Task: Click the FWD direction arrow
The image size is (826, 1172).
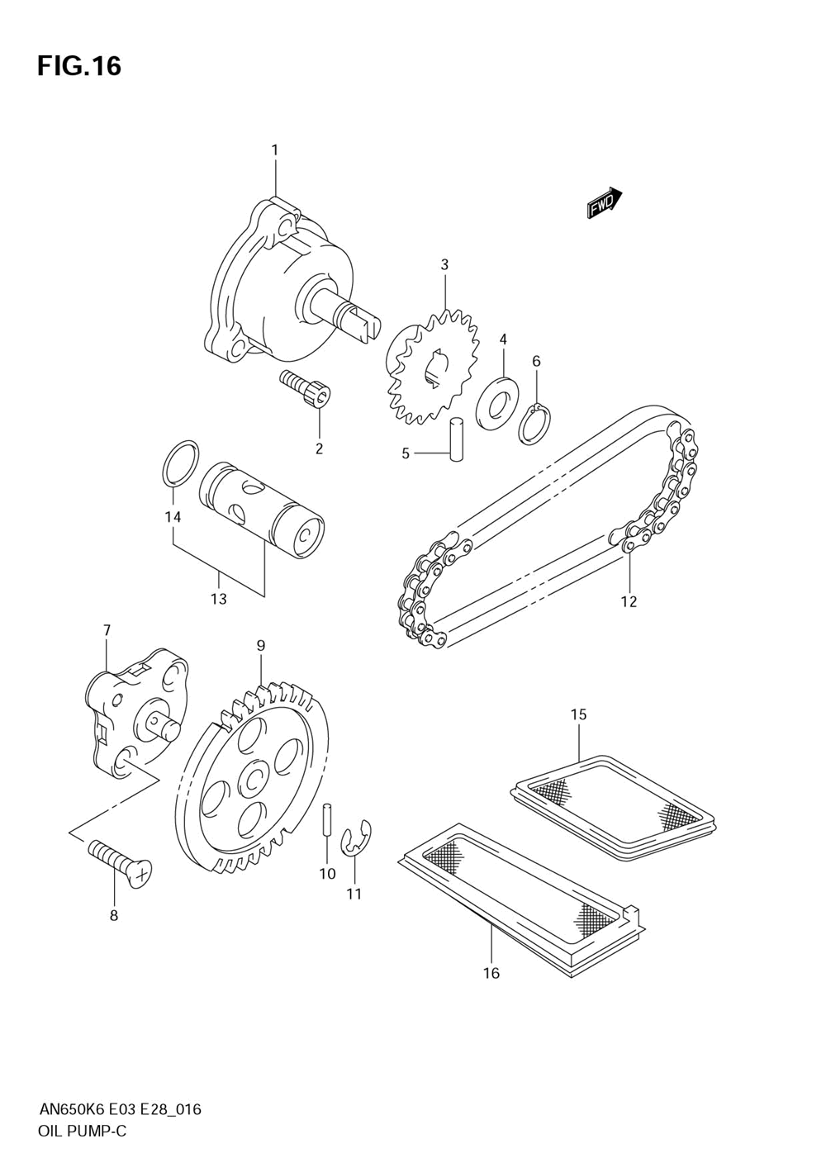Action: coord(604,202)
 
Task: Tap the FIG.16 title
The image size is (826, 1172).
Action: coord(79,66)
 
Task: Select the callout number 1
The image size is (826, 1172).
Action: coord(275,150)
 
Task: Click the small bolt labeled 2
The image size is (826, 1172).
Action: coord(305,387)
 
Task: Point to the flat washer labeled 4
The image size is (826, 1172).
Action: coord(497,402)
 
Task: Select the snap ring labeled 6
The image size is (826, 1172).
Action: coord(534,423)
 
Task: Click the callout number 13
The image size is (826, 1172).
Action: coord(218,599)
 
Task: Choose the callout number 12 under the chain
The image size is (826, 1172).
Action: coord(629,601)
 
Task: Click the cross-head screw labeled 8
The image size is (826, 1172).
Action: coord(121,861)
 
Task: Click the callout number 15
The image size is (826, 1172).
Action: coord(578,714)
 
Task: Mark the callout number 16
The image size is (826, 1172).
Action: coord(491,973)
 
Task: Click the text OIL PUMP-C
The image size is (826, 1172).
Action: coord(83,1132)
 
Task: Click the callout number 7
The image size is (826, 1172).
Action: coord(107,630)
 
